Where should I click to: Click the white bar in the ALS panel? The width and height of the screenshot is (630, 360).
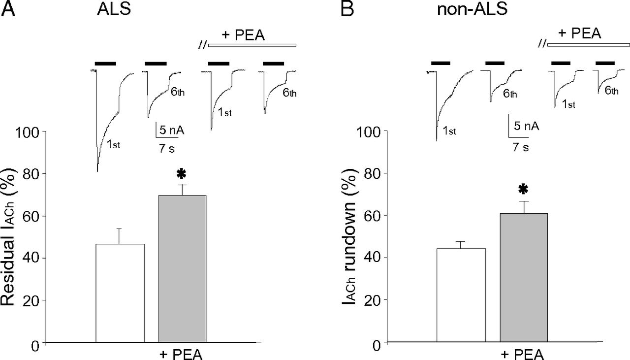(120, 293)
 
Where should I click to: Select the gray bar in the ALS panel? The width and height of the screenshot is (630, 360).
(182, 268)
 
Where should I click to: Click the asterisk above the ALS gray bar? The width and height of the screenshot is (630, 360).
(182, 174)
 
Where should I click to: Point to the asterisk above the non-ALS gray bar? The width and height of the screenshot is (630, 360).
(523, 190)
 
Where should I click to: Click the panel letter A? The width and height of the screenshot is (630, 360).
(8, 9)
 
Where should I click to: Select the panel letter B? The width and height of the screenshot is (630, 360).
(347, 9)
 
